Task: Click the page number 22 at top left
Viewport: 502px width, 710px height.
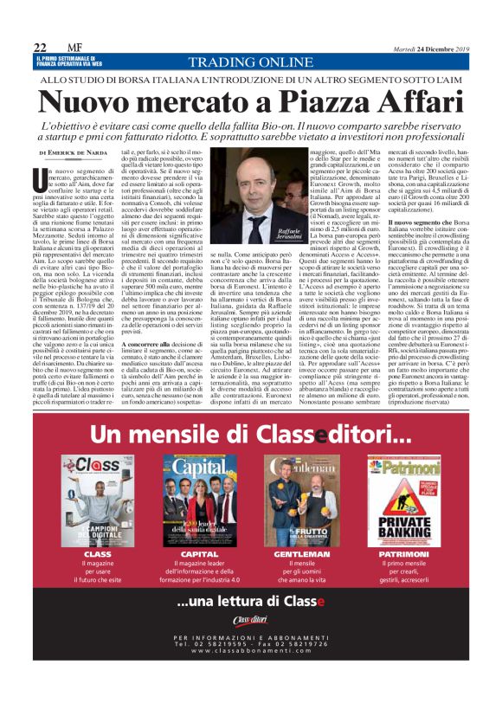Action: click(39, 47)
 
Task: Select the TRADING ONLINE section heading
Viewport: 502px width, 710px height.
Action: click(251, 62)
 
